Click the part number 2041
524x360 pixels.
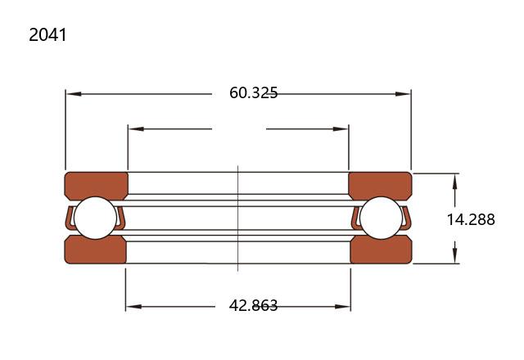[47, 35]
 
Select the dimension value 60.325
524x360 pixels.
[253, 92]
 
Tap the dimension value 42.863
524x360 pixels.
[253, 305]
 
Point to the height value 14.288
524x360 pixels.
[471, 220]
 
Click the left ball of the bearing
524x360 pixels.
[95, 218]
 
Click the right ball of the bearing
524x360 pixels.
[382, 218]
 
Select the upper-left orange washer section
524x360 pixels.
[97, 186]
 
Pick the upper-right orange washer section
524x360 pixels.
[380, 186]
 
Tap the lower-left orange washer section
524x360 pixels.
[95, 250]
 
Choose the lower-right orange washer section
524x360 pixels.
[382, 250]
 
